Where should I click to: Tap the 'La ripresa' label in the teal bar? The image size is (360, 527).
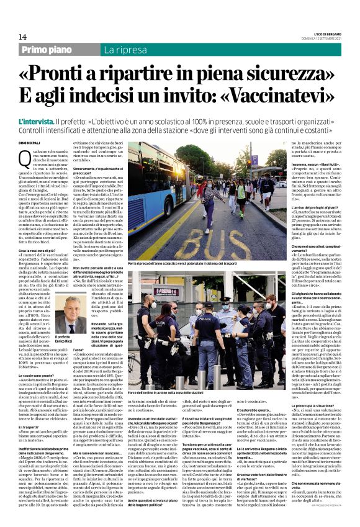(x=122, y=49)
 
